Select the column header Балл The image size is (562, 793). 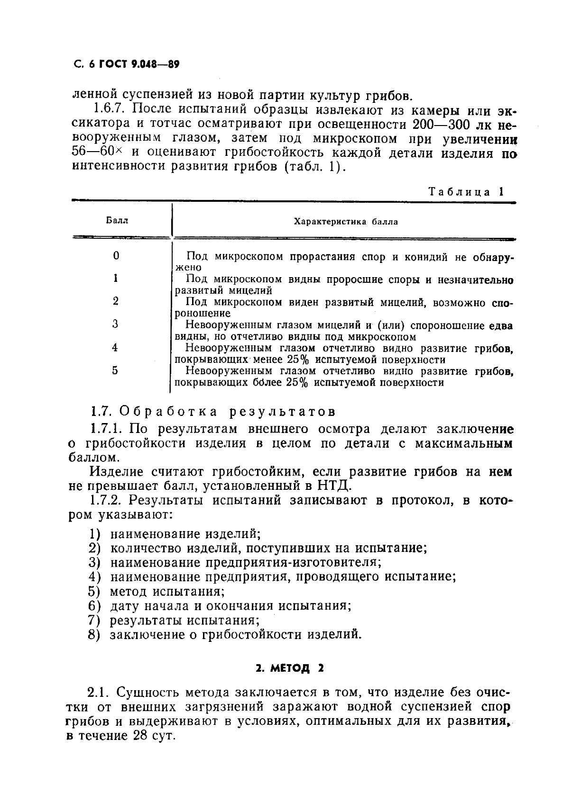pyautogui.click(x=117, y=221)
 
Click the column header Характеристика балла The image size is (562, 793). pyautogui.click(x=346, y=221)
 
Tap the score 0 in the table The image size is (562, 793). pyautogui.click(x=116, y=256)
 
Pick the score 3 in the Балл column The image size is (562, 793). pyautogui.click(x=115, y=324)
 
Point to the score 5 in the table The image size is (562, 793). pyautogui.click(x=115, y=370)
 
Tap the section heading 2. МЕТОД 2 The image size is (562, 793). pyautogui.click(x=289, y=668)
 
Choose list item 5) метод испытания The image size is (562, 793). pyautogui.click(x=157, y=591)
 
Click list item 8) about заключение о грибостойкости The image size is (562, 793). pyautogui.click(x=225, y=634)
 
